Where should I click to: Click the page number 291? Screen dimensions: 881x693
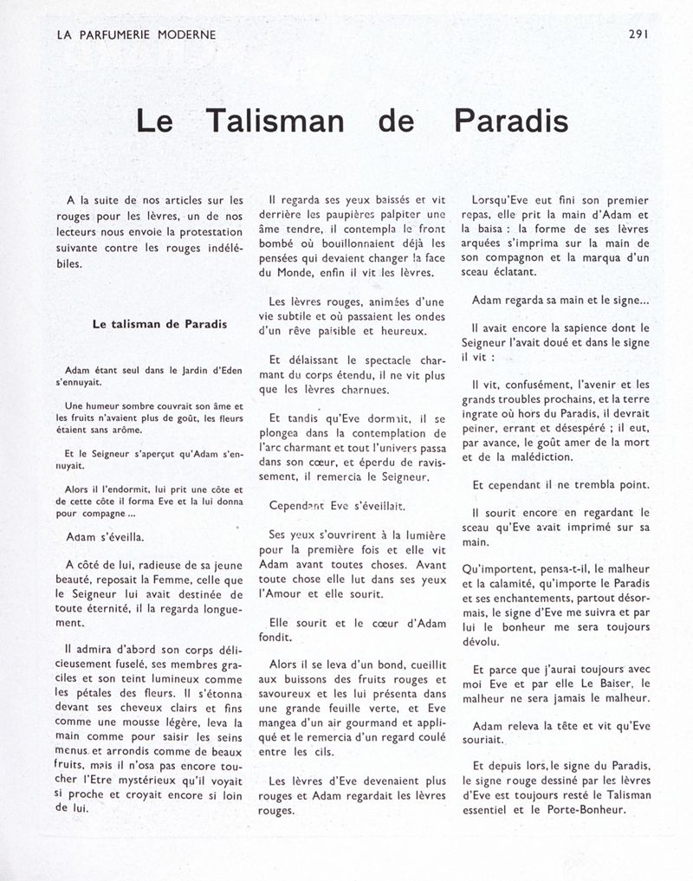[x=642, y=35]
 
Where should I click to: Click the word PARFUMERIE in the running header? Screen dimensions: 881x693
[x=118, y=35]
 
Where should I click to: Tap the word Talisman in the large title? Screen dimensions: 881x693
[x=275, y=121]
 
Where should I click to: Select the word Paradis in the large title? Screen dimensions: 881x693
[x=511, y=121]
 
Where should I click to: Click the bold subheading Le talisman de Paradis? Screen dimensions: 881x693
[x=160, y=325]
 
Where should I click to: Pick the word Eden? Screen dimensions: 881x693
[x=228, y=372]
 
